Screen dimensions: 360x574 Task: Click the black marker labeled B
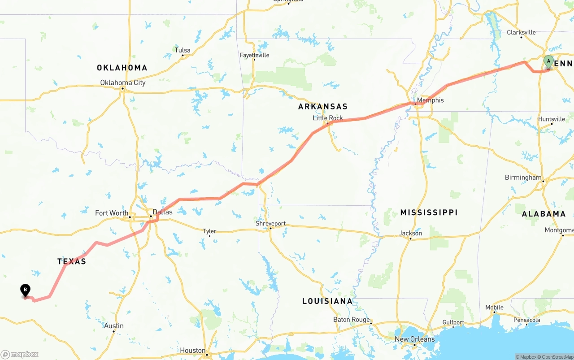click(x=26, y=291)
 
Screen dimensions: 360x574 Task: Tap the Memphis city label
click(x=430, y=100)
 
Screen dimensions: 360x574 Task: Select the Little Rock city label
click(x=328, y=118)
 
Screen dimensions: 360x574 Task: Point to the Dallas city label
click(x=162, y=212)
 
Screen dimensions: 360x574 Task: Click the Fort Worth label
click(x=112, y=213)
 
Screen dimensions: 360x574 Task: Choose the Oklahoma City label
click(x=122, y=82)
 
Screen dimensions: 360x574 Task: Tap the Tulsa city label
click(x=183, y=50)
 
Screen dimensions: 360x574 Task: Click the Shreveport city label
click(x=270, y=223)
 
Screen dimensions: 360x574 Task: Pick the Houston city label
click(x=193, y=351)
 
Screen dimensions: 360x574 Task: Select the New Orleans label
click(x=414, y=339)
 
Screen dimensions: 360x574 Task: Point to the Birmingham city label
click(x=523, y=178)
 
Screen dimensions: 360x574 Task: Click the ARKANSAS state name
click(x=323, y=107)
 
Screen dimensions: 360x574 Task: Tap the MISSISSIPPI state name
click(x=429, y=212)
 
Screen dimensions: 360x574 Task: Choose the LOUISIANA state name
click(x=327, y=301)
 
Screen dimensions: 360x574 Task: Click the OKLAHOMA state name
click(x=122, y=68)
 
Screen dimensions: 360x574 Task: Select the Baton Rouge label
click(x=352, y=320)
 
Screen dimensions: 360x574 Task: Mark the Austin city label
click(x=114, y=326)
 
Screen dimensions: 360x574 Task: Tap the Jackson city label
click(x=411, y=233)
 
